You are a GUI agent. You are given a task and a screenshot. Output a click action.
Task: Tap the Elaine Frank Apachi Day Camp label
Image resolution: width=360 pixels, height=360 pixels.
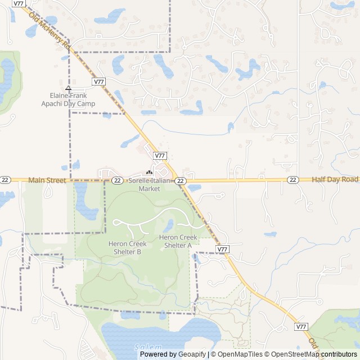coord(68,100)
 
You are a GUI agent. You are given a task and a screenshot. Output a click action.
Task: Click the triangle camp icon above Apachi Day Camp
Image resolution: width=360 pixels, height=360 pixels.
coord(68,88)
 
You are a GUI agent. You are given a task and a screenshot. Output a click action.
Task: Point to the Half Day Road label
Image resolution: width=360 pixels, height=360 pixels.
coord(335,179)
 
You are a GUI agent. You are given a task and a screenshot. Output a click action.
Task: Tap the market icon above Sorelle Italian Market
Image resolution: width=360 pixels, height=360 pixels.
coord(149,173)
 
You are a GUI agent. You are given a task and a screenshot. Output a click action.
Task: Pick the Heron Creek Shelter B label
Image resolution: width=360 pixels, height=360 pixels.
coord(128,247)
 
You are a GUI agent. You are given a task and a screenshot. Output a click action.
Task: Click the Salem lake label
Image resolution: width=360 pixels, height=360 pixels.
coord(148,347)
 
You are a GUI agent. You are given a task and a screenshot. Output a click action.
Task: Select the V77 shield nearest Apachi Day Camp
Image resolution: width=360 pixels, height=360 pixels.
coord(99,82)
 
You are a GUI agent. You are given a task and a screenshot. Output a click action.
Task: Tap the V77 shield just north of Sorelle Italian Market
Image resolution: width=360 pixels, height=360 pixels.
coord(160,156)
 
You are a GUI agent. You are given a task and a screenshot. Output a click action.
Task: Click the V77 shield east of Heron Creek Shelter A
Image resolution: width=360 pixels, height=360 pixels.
coord(222,249)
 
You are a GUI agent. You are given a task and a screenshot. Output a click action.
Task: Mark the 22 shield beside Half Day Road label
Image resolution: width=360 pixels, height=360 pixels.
coord(292,180)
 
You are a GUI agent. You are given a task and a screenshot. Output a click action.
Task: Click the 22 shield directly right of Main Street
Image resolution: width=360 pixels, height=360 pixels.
coord(117,180)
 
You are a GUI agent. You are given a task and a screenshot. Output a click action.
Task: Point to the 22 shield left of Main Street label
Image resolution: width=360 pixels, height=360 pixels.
coord(5,180)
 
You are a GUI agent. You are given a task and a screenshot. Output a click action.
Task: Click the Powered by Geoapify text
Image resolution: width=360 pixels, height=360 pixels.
coord(173,354)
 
